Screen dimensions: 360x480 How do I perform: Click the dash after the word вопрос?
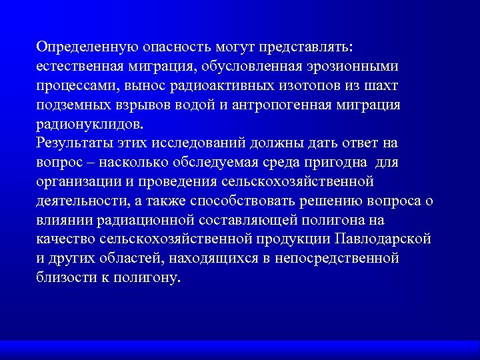85,163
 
